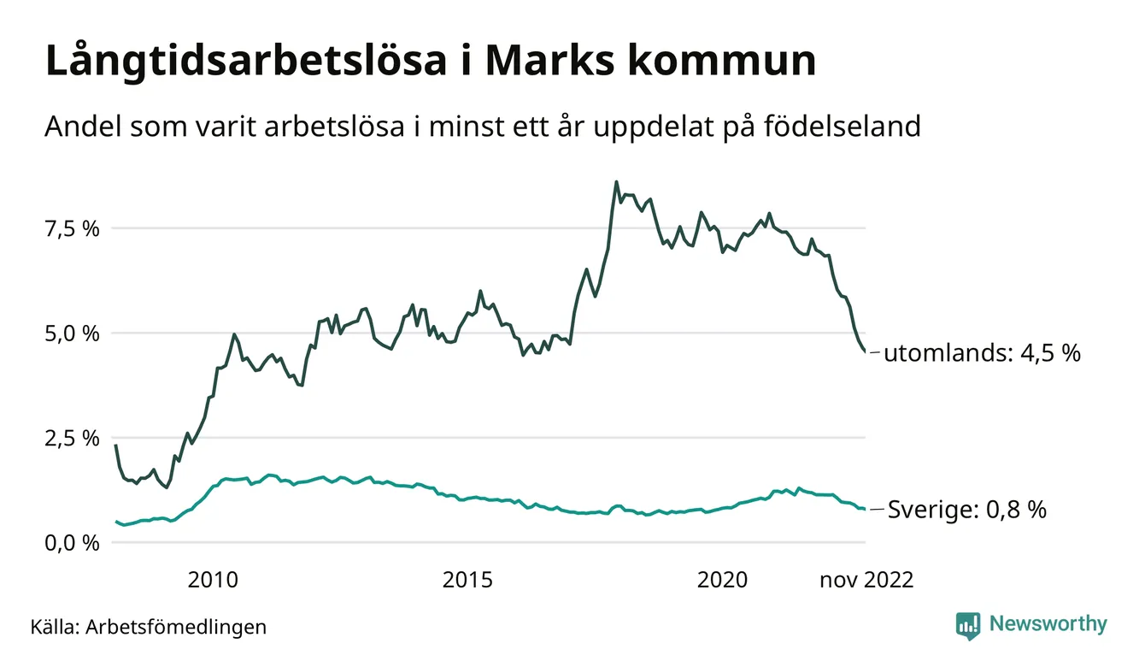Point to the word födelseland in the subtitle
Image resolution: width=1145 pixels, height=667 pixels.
tap(841, 127)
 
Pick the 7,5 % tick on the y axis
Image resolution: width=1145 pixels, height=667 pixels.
tap(72, 228)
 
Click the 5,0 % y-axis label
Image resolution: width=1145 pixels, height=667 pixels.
tap(72, 333)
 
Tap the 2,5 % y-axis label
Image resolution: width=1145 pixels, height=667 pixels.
tap(72, 438)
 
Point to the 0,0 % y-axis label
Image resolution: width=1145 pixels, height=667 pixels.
tap(72, 542)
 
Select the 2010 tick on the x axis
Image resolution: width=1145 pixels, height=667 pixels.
tap(213, 581)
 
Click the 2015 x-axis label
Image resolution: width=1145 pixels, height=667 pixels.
tap(467, 581)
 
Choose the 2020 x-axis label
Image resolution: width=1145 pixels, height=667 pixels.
tap(722, 581)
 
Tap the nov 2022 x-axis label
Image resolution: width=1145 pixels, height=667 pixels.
tap(866, 581)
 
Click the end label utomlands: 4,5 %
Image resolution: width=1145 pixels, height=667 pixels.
tap(982, 353)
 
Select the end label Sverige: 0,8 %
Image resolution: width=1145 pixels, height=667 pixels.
tap(966, 511)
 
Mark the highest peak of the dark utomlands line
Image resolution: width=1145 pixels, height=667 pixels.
tap(616, 182)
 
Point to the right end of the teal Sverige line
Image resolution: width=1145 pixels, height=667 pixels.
tap(864, 510)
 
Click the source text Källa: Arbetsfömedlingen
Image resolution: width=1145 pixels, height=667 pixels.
tap(148, 627)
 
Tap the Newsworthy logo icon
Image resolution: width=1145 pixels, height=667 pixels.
tap(968, 625)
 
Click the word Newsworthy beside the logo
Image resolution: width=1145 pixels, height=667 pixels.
tap(1048, 624)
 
